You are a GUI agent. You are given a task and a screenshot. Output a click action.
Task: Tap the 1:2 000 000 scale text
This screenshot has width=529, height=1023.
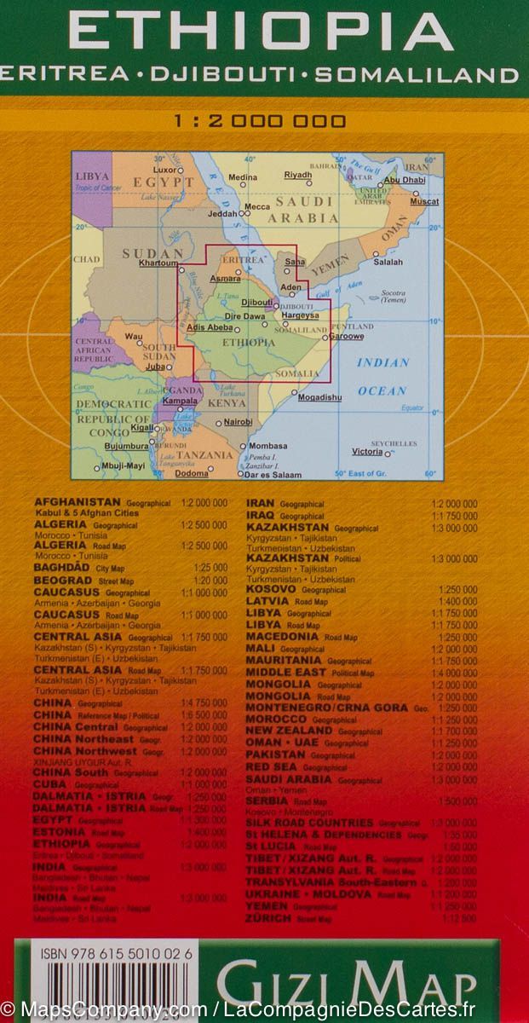tap(260, 121)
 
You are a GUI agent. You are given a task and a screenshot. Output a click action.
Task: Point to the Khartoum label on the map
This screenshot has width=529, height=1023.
tap(158, 263)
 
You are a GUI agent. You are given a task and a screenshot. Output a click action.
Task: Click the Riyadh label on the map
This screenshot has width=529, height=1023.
tap(298, 175)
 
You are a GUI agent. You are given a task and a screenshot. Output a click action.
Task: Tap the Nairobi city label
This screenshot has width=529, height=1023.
tap(238, 422)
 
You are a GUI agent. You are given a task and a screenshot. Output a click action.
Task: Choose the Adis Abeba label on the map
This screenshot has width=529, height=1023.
tap(209, 327)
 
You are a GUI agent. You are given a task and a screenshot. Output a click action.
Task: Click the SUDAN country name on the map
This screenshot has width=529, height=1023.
tap(152, 253)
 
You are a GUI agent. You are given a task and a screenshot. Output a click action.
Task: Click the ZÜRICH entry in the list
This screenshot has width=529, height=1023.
tap(269, 919)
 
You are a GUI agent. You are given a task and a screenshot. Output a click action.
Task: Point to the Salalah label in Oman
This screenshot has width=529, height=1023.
tap(388, 263)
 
